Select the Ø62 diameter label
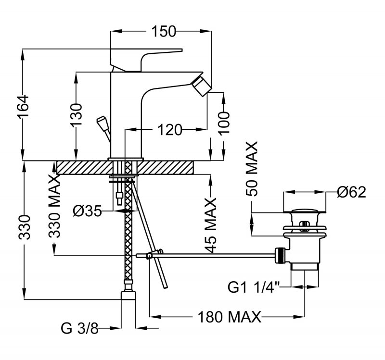351,192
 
